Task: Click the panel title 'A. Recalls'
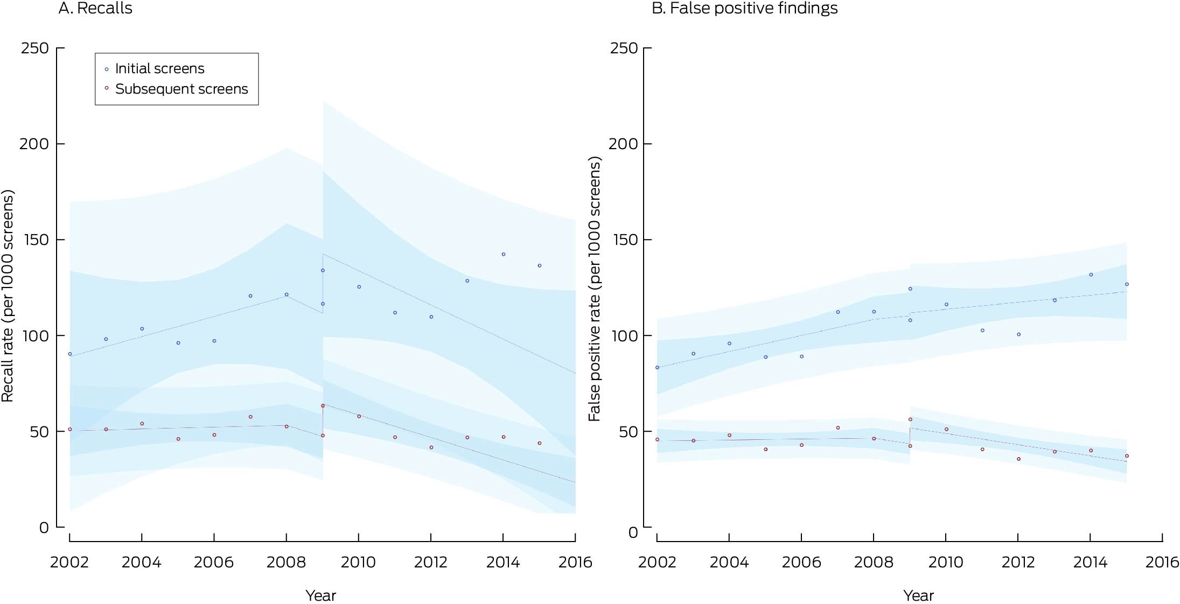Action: tap(95, 8)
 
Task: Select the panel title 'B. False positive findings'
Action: tap(745, 8)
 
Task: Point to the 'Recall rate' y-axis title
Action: tap(8, 296)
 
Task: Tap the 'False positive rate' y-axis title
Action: tap(595, 289)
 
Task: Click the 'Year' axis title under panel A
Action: tap(320, 595)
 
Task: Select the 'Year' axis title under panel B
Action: tap(919, 595)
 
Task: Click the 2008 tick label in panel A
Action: tap(286, 563)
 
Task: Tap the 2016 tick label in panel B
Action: tap(1162, 563)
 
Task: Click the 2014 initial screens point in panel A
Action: tap(504, 254)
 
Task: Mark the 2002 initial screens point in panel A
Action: tap(69, 354)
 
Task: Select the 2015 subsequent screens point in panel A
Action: tap(540, 443)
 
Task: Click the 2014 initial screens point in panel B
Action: tap(1091, 275)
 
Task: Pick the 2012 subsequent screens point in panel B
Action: tap(1018, 459)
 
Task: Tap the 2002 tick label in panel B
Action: tap(657, 563)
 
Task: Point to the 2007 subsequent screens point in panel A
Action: tap(250, 417)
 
